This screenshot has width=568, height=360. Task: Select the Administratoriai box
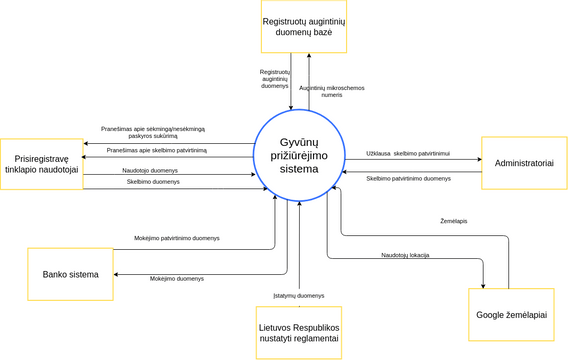click(524, 163)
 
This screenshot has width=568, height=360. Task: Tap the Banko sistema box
click(70, 274)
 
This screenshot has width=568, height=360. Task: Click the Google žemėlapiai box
click(511, 315)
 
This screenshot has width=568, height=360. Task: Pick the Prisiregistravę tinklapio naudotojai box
click(41, 164)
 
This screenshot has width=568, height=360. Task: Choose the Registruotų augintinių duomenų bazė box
click(304, 26)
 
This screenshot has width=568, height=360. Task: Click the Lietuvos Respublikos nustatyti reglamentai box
click(299, 332)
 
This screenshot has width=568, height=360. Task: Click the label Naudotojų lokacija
click(405, 255)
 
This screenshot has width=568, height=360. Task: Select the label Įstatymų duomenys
click(299, 295)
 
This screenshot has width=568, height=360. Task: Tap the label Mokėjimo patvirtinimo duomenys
click(177, 238)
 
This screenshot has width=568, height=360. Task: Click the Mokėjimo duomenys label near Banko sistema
click(177, 279)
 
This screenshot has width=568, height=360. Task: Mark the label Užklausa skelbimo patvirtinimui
click(408, 153)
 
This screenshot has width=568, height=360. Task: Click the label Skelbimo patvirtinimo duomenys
click(408, 178)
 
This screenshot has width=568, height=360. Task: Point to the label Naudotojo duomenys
click(151, 170)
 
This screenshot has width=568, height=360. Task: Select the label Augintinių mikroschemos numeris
click(332, 91)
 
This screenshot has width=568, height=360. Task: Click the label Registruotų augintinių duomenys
click(275, 79)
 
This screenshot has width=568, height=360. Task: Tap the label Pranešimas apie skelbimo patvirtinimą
click(157, 150)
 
